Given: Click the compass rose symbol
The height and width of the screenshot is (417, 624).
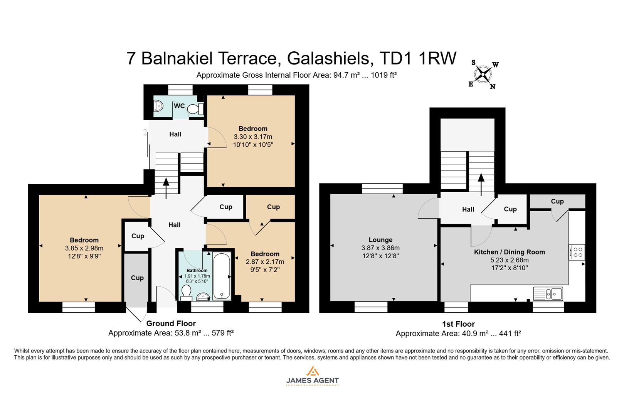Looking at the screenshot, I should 483,75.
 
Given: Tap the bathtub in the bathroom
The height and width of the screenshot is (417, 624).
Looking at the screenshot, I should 221,276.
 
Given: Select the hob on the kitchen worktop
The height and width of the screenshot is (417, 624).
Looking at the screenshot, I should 577,252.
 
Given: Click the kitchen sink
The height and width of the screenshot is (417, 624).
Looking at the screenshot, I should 548,293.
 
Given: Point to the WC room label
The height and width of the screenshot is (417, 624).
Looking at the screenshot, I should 179,106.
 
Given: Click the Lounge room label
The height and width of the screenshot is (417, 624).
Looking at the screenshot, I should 380,240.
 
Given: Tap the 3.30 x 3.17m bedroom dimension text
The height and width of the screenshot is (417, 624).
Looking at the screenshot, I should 252,137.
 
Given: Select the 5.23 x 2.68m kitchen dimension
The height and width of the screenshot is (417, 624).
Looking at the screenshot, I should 509,260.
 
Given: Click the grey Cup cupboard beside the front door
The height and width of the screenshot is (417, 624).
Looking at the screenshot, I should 137,278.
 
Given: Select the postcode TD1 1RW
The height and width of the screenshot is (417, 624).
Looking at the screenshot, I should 418,58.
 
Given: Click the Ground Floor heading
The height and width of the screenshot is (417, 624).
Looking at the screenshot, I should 171,324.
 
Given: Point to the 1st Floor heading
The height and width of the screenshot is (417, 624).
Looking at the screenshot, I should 458,324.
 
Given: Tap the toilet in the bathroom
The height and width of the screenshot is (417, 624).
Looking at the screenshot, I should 186,293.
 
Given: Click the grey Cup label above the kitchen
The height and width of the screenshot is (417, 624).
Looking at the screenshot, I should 557,201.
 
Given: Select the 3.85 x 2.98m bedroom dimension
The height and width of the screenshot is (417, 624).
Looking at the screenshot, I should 84,248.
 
